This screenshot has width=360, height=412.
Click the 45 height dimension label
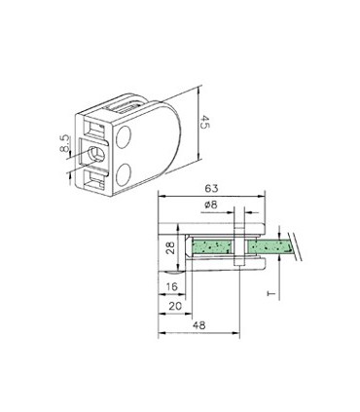click(x=204, y=123)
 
